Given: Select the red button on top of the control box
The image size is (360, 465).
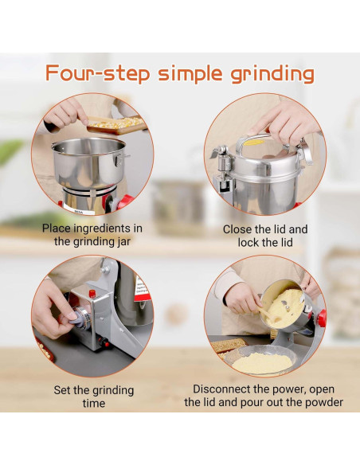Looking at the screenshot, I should click(x=92, y=294).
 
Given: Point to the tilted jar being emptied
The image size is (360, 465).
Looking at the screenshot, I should click(x=286, y=303).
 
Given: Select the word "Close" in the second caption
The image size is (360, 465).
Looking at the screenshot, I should click(x=238, y=229).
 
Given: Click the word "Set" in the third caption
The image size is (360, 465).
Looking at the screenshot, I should click(x=64, y=390).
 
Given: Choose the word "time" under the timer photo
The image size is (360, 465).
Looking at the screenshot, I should click(x=93, y=404).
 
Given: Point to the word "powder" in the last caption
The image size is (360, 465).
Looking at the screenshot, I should click(x=324, y=402).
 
